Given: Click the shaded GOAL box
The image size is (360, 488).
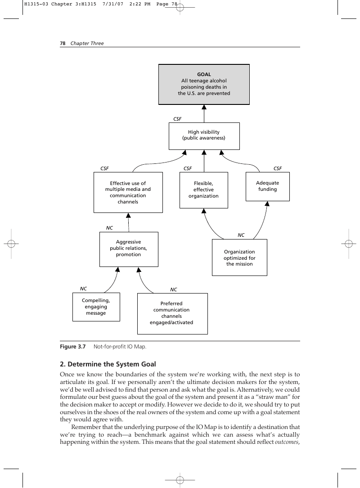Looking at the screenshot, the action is (x=204, y=84).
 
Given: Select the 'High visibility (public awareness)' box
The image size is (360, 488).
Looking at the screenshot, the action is (x=204, y=136).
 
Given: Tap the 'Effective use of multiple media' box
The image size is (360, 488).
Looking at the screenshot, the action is (x=128, y=192).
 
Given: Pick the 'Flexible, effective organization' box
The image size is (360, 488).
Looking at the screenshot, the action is (x=204, y=190).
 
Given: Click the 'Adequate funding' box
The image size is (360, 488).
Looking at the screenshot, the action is (x=268, y=186).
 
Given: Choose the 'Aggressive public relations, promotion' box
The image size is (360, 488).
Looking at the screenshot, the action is (x=129, y=249).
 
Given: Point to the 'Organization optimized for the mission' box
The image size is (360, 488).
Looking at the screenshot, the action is (x=239, y=258).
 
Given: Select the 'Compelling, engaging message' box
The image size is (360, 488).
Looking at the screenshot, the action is (x=96, y=307).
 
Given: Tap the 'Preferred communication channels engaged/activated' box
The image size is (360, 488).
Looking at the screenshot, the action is (x=172, y=313).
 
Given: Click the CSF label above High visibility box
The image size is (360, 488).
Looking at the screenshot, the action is (x=177, y=119).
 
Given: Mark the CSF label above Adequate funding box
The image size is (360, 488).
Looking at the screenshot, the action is (x=278, y=168).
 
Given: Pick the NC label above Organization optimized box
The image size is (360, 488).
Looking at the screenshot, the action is (x=241, y=235).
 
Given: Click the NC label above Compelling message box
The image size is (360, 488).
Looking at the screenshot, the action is (x=83, y=289).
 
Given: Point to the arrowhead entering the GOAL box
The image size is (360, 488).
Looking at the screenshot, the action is (x=204, y=107).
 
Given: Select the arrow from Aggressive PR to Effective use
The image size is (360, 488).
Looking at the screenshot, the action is (x=129, y=222).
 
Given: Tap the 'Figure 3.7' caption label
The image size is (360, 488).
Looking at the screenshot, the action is (x=73, y=347).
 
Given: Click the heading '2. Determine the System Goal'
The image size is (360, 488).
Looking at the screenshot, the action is (x=108, y=364).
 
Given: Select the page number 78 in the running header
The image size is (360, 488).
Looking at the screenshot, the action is (x=63, y=43).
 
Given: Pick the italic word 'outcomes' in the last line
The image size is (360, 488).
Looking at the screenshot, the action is (x=287, y=442).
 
